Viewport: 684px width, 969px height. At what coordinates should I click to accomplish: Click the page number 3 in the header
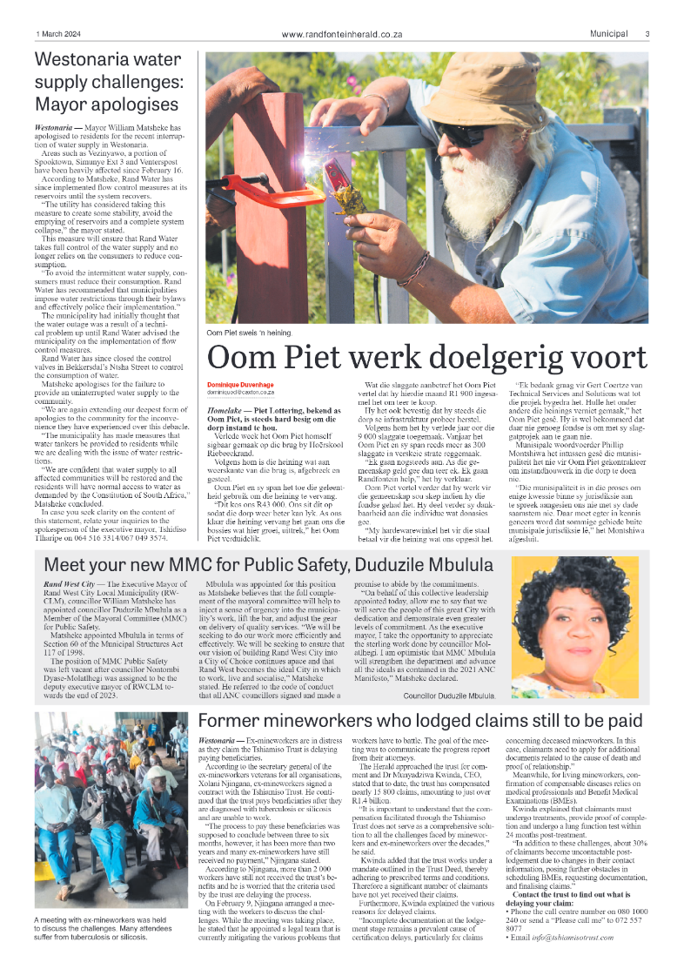647,34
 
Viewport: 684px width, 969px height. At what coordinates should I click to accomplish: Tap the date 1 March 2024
59,34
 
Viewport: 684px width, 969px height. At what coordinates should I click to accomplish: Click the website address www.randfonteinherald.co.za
342,34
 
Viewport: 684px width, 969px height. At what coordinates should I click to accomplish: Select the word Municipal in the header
608,34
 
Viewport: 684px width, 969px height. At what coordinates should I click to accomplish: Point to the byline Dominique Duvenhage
241,384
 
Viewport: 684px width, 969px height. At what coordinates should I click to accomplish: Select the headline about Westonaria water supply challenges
108,83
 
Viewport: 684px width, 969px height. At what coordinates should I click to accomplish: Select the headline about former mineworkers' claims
420,721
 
